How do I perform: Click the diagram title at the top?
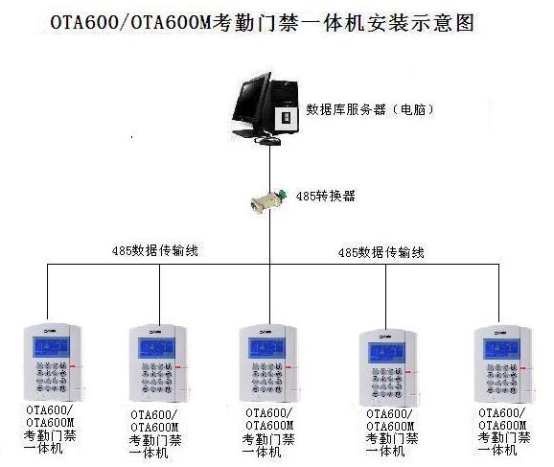(262, 23)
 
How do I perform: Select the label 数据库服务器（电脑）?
(370, 109)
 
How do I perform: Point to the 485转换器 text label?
(326, 196)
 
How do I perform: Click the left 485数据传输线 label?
(154, 250)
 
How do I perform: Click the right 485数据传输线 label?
(381, 252)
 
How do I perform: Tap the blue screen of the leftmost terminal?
(51, 347)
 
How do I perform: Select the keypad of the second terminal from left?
(156, 378)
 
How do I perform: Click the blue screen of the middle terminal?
(266, 348)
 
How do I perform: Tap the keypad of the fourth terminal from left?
(387, 383)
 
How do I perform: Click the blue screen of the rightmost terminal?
(501, 348)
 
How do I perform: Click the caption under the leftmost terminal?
(50, 430)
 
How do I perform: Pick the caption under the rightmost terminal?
(504, 432)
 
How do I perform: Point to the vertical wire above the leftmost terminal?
(48, 292)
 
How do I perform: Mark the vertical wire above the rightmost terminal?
(498, 292)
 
